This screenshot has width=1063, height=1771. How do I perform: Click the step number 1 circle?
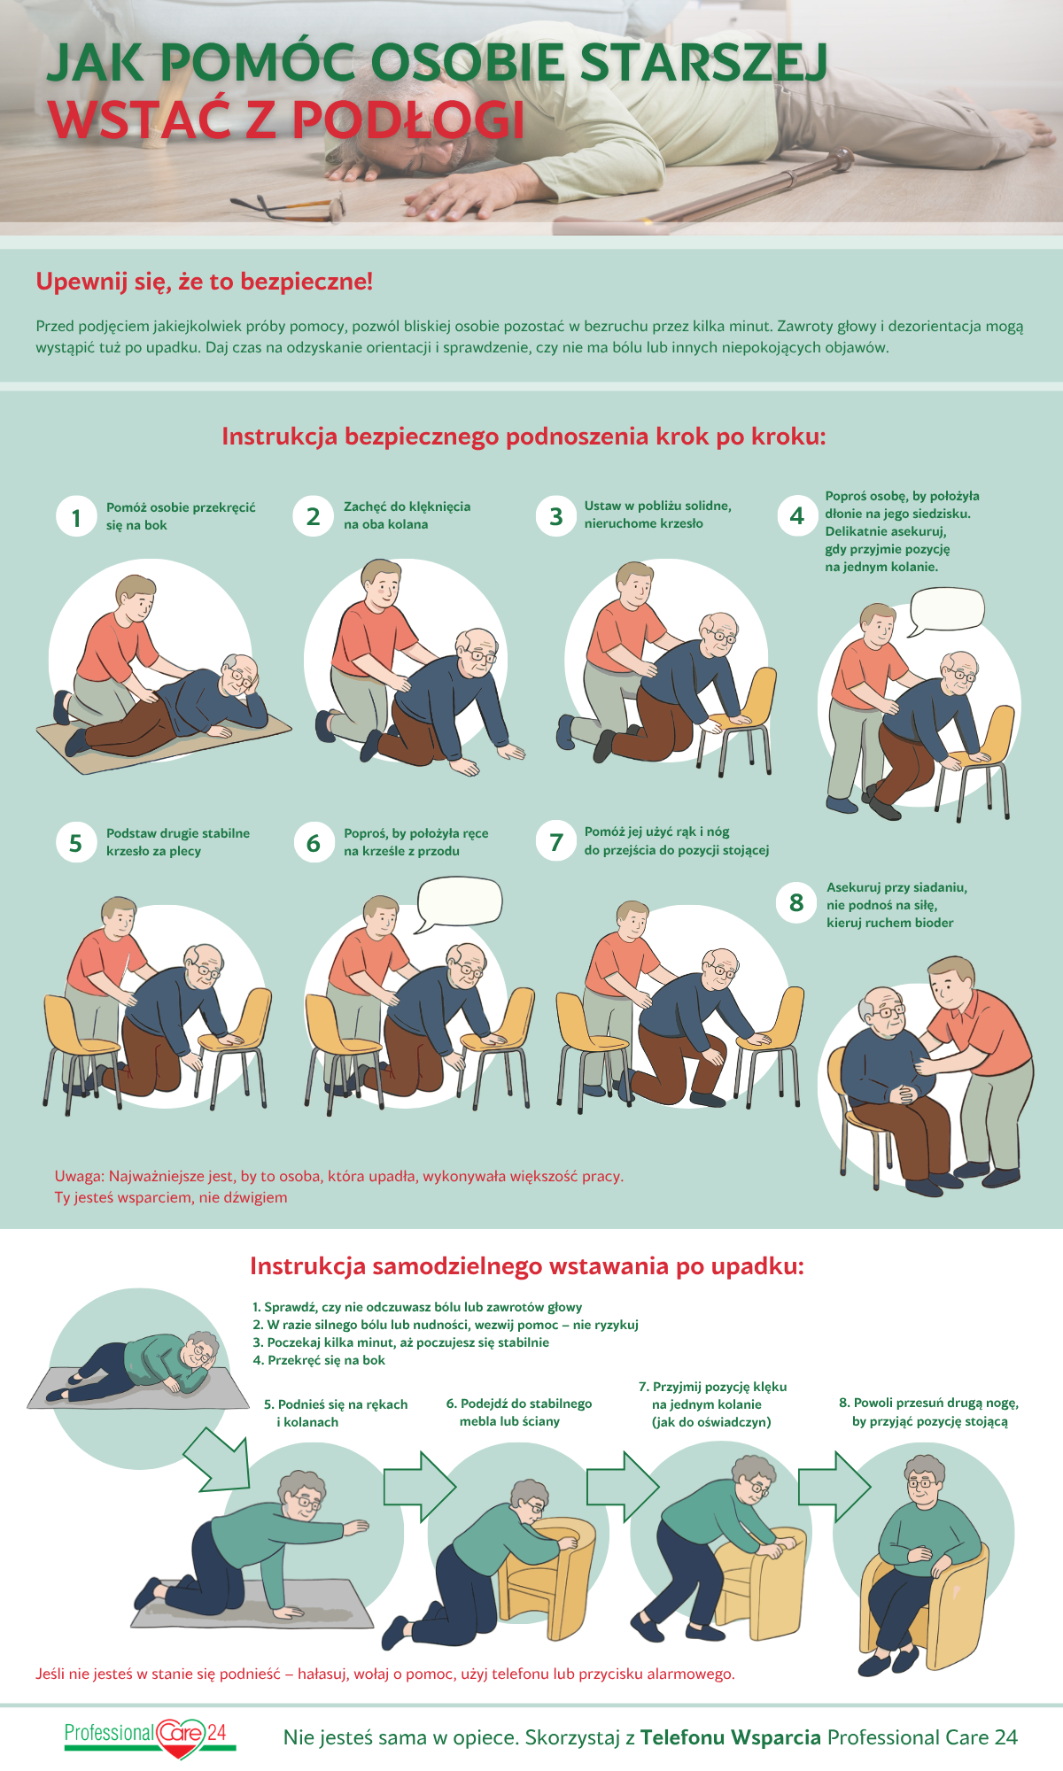point(76,517)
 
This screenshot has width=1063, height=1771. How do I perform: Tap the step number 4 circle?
point(797,515)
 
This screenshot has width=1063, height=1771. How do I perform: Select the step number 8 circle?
point(796,902)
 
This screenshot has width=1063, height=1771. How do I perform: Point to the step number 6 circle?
point(314,842)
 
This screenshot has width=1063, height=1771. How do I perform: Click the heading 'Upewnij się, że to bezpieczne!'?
point(205,282)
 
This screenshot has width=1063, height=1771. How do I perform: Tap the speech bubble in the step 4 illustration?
point(947,610)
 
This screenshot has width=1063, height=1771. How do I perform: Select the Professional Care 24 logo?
point(151,1737)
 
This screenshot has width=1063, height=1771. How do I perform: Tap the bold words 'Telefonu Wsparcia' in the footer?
point(731,1737)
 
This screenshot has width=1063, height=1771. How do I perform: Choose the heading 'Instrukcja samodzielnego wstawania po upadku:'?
point(527,1266)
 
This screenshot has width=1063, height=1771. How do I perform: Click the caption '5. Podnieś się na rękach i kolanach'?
point(336,1413)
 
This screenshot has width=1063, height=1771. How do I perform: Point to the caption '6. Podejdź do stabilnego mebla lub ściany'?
point(519,1412)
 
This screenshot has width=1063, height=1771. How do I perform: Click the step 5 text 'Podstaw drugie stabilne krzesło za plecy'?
point(178,842)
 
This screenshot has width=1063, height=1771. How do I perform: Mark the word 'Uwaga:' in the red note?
point(80,1177)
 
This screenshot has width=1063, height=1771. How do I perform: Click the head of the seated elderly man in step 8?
point(881,1013)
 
